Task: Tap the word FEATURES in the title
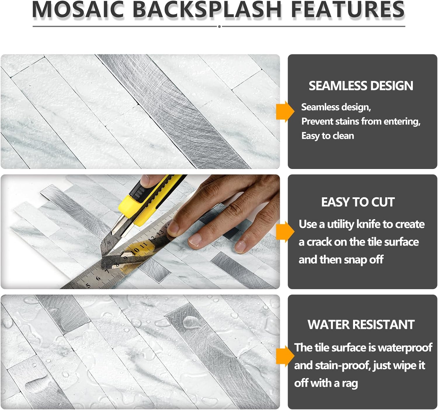347,9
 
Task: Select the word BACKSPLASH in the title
207,9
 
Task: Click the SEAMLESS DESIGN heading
361,86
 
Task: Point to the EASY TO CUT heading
358,202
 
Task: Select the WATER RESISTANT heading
361,324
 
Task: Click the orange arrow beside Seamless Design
285,111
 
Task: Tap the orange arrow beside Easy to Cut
285,231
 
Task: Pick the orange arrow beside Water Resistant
285,356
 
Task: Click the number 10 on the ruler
135,250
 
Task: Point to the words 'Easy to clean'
328,136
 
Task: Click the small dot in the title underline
219,27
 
